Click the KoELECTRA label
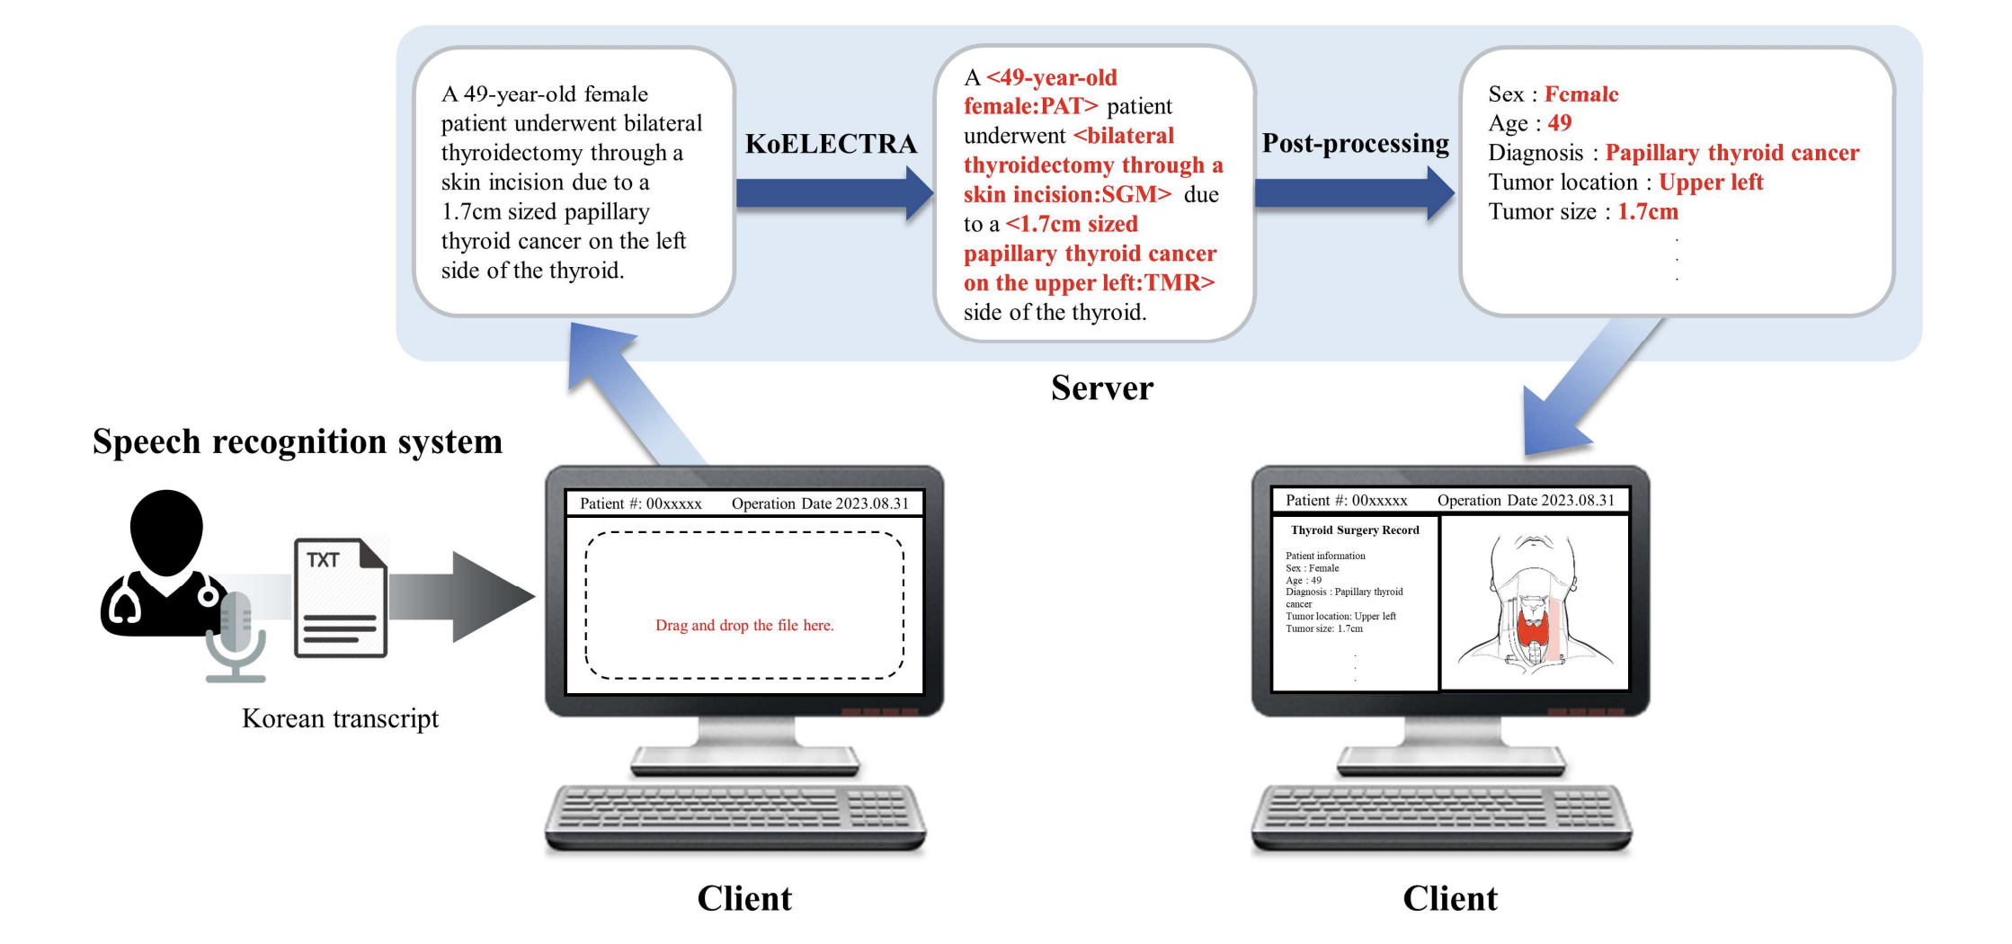(831, 144)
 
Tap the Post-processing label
(1355, 143)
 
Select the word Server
(1101, 388)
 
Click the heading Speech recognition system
(297, 441)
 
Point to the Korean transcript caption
(340, 718)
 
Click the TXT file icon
(341, 597)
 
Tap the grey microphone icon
(236, 634)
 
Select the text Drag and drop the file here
(744, 625)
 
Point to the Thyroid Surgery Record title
(1355, 530)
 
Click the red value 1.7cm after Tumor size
(1647, 212)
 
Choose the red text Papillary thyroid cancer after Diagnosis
(1732, 153)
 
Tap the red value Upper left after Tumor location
(1710, 183)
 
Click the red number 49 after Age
(1559, 123)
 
